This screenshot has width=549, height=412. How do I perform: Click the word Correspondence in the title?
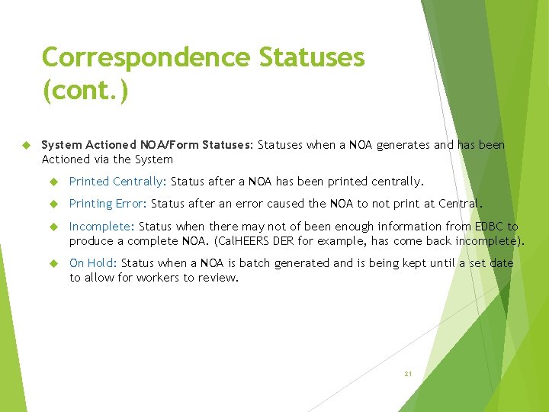(146, 57)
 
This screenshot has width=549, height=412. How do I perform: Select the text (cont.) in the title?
(85, 91)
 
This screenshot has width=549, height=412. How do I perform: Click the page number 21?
(408, 374)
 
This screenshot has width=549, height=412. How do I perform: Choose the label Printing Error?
(108, 204)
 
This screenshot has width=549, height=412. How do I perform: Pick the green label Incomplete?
(101, 227)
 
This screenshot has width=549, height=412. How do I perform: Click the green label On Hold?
(92, 263)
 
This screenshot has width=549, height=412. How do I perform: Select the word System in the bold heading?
(62, 145)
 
